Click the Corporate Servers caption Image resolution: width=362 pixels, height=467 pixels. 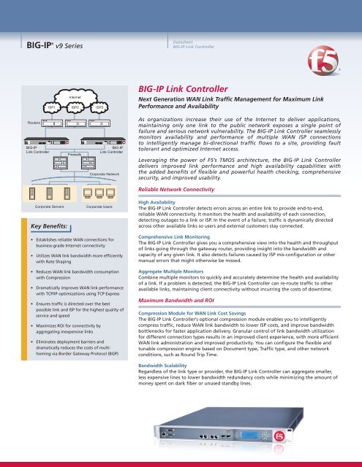point(50,208)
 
